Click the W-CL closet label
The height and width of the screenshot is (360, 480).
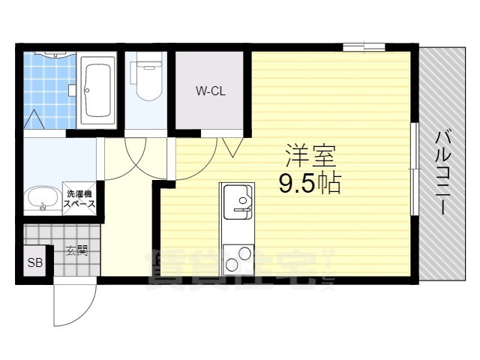click(211, 92)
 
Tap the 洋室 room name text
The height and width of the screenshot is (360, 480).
click(309, 155)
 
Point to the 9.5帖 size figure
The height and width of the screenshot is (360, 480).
click(310, 183)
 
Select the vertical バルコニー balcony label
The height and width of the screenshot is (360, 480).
click(443, 172)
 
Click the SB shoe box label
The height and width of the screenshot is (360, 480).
click(35, 262)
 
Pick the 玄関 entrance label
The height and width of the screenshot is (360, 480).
click(76, 250)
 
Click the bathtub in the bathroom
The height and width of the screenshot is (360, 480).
click(98, 91)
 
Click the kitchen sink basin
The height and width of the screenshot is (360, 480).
click(240, 201)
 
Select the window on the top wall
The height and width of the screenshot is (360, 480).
click(364, 48)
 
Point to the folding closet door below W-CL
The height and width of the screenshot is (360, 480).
click(229, 145)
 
